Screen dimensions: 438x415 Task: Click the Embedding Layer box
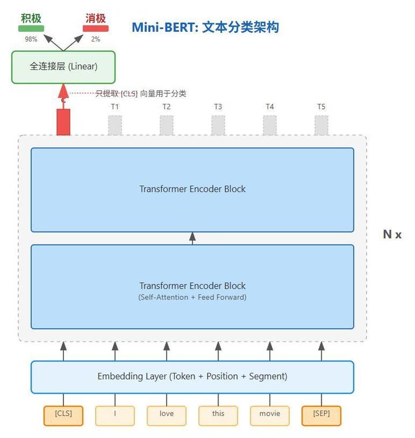tap(192, 377)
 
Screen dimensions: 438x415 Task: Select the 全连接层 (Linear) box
tap(63, 67)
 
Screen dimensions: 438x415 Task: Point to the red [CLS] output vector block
tap(63, 122)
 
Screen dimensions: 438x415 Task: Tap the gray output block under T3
tap(218, 125)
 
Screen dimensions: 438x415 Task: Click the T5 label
tap(321, 107)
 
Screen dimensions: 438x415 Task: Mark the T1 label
tap(115, 107)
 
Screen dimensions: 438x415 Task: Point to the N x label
tap(392, 234)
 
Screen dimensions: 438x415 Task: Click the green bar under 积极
tap(31, 29)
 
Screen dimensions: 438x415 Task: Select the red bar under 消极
tap(95, 29)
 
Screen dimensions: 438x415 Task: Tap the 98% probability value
tap(31, 39)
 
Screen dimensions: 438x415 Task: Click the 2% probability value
tap(95, 39)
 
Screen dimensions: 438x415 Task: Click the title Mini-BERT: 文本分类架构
tap(205, 27)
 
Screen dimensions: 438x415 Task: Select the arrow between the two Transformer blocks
tap(193, 238)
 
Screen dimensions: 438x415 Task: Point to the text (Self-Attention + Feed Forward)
tap(192, 298)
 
